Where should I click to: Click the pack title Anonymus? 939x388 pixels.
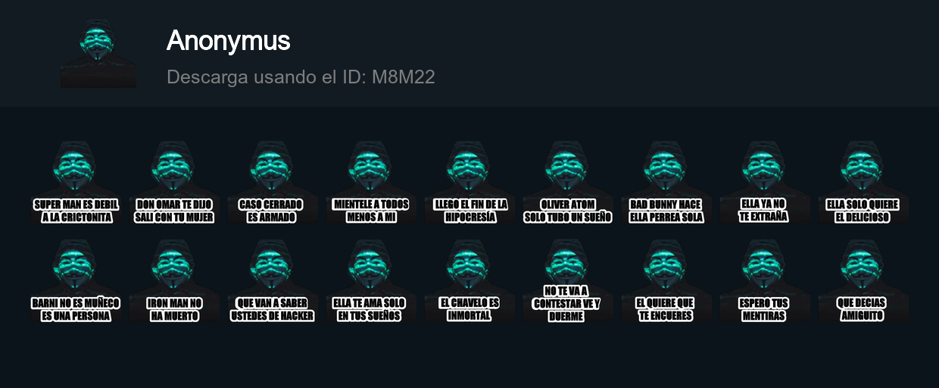coord(228,41)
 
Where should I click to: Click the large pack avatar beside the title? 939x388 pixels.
coord(98,54)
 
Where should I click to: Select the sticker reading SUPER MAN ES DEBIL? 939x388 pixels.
coord(76,184)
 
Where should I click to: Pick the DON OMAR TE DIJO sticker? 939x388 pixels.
coord(174,184)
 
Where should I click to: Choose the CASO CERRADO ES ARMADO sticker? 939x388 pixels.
coord(270,184)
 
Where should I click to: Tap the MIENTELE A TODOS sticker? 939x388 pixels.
coord(371,184)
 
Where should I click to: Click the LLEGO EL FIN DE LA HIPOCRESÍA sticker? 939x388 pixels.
coord(470,184)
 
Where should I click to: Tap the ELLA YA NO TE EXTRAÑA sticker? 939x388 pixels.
coord(764,184)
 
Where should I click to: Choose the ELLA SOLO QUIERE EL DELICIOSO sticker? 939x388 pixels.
coord(863,184)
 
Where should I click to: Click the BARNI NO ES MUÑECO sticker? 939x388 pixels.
coord(76,283)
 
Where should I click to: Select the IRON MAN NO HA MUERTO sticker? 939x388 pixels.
coord(174,283)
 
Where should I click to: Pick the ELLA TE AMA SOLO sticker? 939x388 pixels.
coord(371,283)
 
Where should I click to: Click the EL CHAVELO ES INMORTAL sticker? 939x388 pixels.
coord(470,283)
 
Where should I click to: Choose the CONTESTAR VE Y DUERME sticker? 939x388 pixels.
coord(566,283)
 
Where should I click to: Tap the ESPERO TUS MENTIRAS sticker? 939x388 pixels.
coord(764,283)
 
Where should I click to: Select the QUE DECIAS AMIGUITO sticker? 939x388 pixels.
coord(863,283)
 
